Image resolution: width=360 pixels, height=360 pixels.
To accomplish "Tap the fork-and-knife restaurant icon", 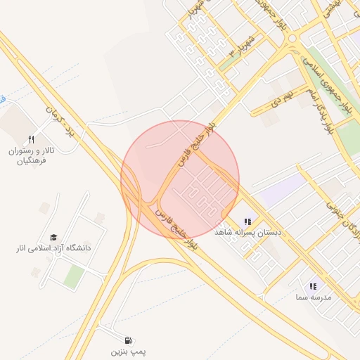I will coord(31,139).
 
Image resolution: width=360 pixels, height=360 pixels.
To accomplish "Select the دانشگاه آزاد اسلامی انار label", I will coord(54,248).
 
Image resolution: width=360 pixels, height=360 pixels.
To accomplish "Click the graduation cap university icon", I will coord(54,237).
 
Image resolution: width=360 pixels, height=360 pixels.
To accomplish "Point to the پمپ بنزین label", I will coord(127,349).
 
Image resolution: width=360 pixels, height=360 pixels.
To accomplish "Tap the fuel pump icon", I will coord(127,338).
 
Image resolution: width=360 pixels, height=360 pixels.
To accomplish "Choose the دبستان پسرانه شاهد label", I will coord(247,232).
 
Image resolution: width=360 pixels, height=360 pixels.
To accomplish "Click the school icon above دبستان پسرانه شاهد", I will coord(247,221).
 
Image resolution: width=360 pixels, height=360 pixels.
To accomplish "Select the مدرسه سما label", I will coord(313,297).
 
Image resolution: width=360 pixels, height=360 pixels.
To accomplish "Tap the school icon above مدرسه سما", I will coord(313,286).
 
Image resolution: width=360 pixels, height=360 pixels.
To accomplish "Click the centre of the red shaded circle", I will coord(180,180).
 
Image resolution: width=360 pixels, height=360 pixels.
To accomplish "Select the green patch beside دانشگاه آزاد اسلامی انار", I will coord(74,276).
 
